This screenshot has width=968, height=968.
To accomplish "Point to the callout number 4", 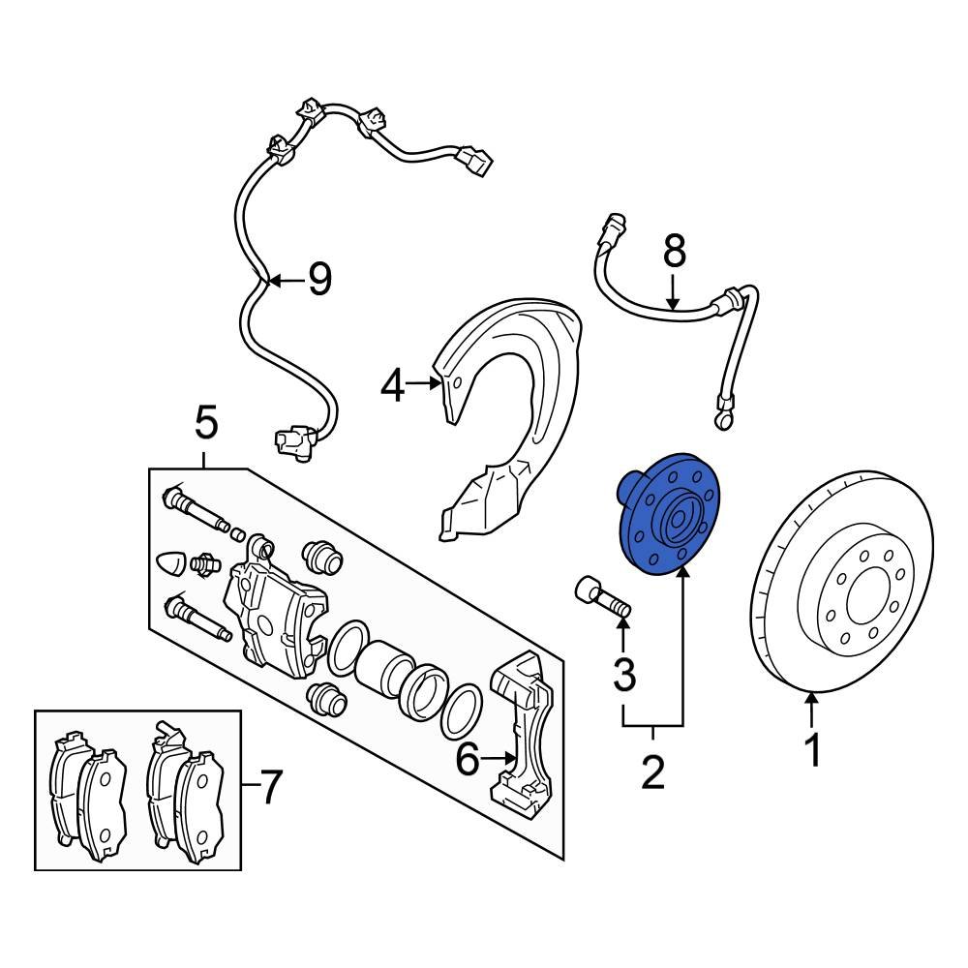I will pyautogui.click(x=391, y=385).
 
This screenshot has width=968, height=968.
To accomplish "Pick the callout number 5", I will pyautogui.click(x=206, y=423).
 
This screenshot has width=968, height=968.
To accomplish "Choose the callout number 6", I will pyautogui.click(x=467, y=761).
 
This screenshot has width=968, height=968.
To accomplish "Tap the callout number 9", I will pyautogui.click(x=318, y=281).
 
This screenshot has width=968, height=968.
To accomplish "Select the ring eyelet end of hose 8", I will pyautogui.click(x=722, y=419).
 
